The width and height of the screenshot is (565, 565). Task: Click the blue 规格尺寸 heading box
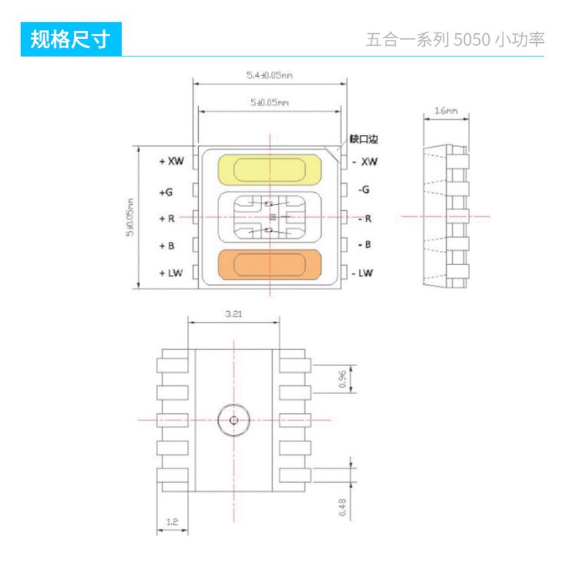click(70, 39)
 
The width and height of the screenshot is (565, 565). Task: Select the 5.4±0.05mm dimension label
click(269, 75)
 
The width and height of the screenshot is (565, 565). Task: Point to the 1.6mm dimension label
click(446, 111)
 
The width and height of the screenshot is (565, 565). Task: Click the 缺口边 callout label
click(362, 139)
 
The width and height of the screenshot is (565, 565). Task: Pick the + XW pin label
click(171, 161)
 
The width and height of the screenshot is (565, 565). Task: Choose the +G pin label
click(166, 192)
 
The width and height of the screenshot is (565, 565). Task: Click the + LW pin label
click(170, 273)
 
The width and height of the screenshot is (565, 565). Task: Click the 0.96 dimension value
click(343, 380)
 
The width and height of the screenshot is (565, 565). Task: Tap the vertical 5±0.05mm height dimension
click(130, 218)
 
